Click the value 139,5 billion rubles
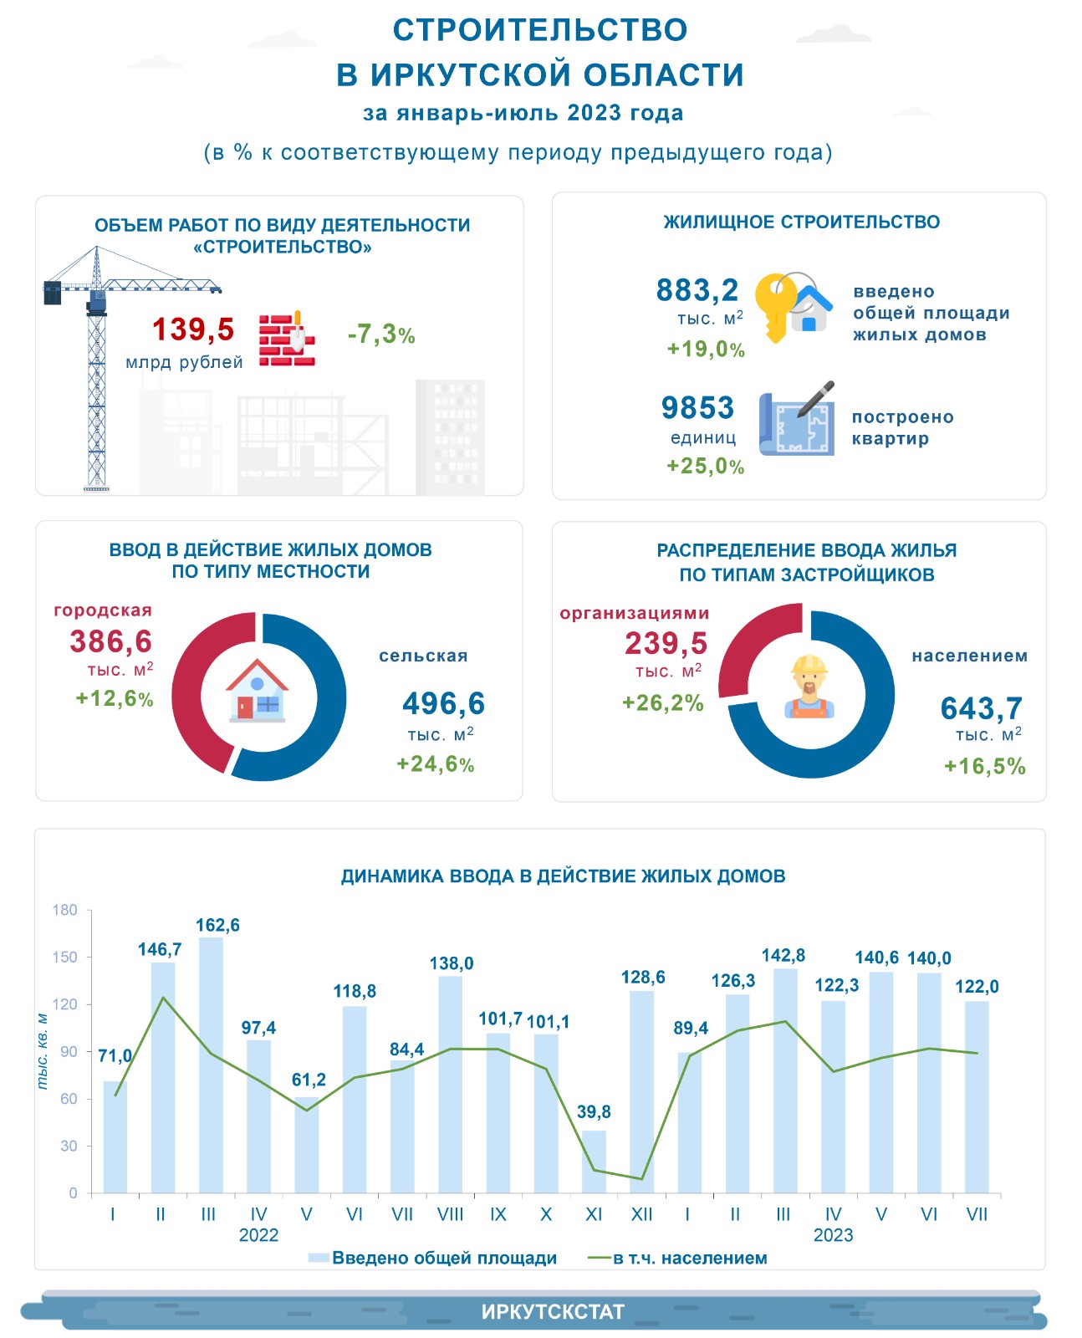[x=193, y=329]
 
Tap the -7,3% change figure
[x=381, y=334]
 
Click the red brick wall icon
[x=286, y=340]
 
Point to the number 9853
[x=697, y=408]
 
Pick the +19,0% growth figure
[x=706, y=350]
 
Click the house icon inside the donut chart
[x=258, y=692]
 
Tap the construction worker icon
[x=809, y=687]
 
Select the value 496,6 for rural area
[x=443, y=704]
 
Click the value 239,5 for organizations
[x=666, y=644]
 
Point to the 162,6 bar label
[x=217, y=926]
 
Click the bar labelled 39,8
[x=594, y=1162]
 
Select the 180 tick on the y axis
[x=64, y=910]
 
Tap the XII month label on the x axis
[x=641, y=1214]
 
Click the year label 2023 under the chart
[x=833, y=1235]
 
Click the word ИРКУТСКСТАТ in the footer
[x=553, y=1312]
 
